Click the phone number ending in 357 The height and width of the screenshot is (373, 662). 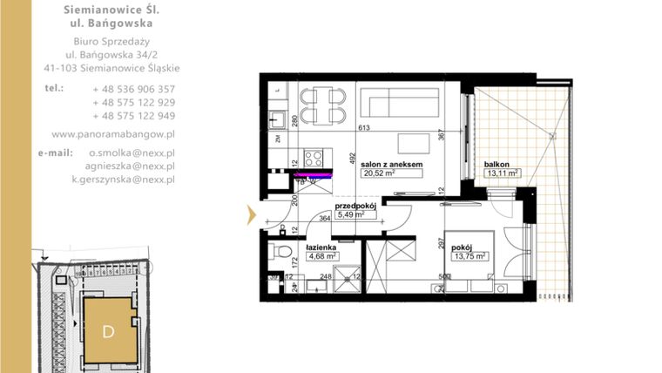133,89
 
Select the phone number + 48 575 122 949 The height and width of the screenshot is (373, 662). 133,115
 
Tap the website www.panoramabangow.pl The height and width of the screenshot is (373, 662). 113,134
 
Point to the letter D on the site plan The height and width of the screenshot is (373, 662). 108,331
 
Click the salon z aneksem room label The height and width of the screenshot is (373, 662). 392,164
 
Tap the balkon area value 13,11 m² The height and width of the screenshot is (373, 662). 502,173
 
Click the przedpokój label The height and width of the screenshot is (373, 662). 355,207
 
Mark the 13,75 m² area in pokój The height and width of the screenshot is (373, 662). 469,256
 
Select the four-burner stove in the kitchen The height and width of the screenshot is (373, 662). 314,159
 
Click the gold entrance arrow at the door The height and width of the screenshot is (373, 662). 253,214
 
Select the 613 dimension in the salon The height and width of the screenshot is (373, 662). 363,128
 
